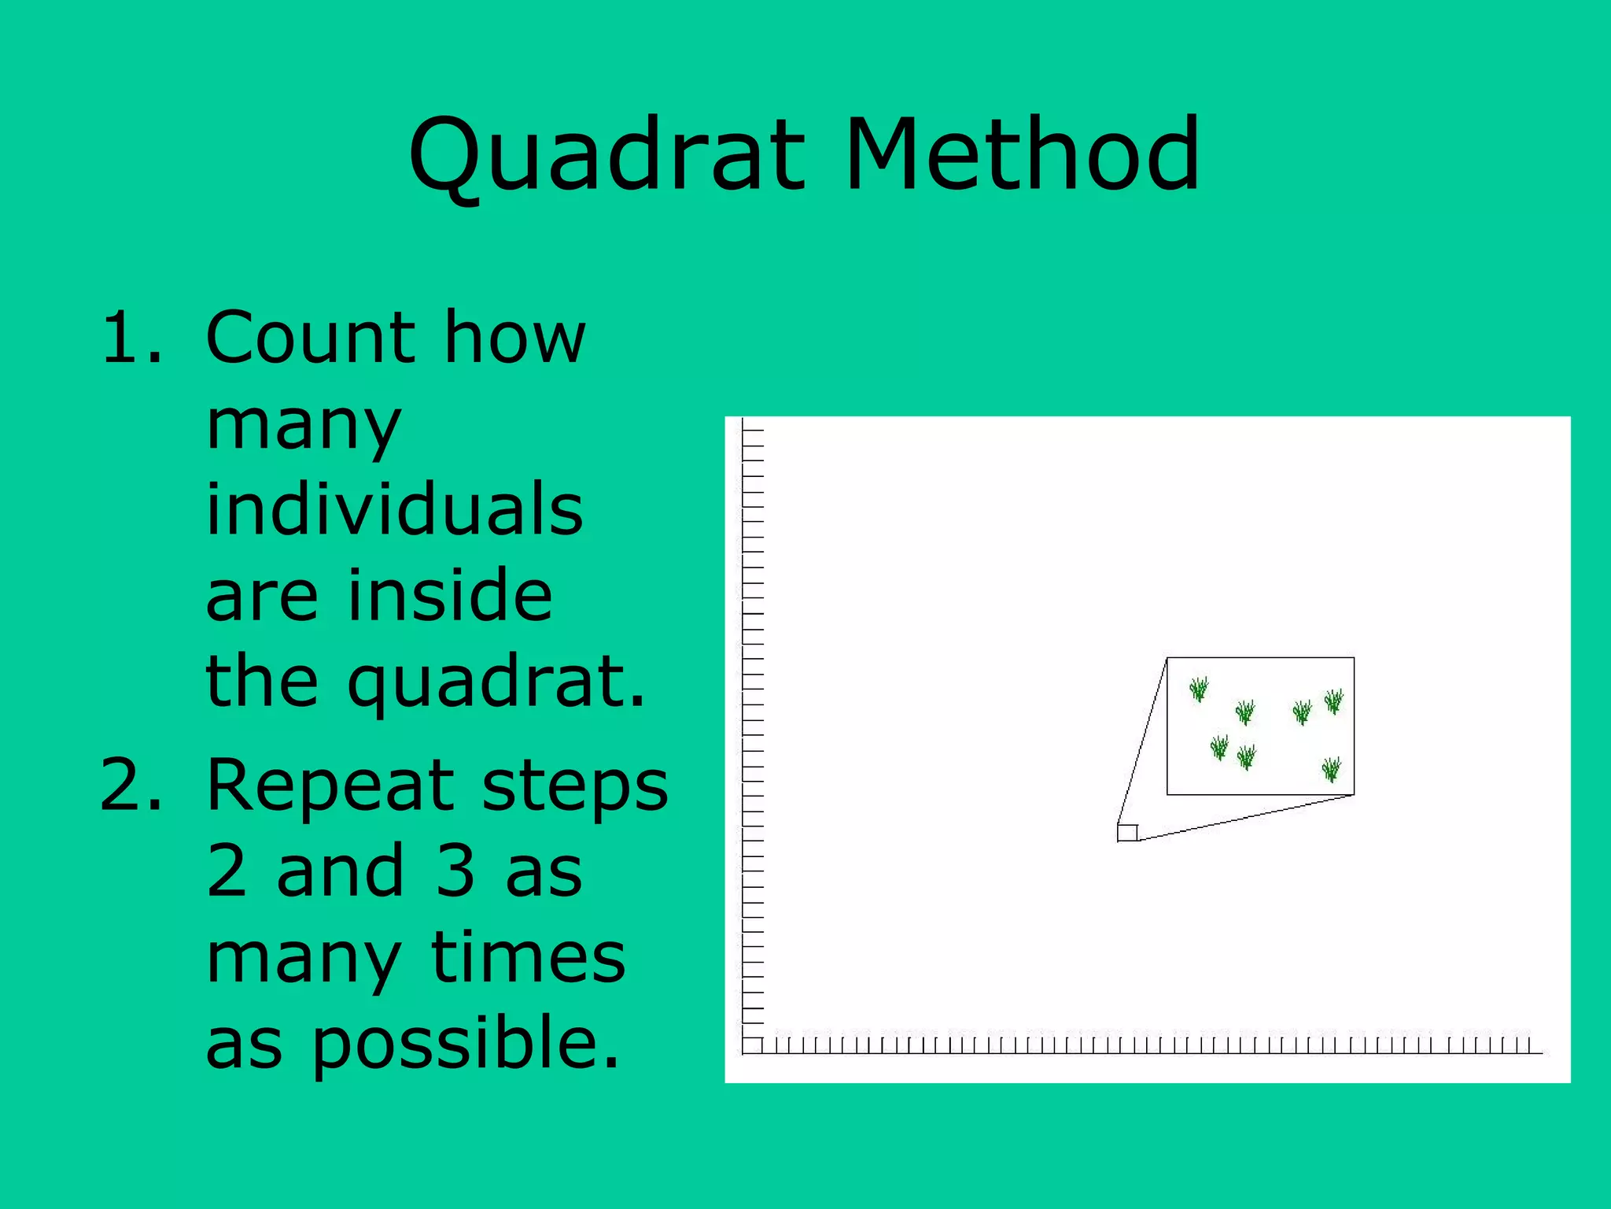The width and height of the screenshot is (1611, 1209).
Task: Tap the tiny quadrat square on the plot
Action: pos(1127,833)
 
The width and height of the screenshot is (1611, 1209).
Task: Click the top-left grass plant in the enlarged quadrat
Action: pos(1199,689)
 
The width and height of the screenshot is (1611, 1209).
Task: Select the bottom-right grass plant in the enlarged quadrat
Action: pos(1331,769)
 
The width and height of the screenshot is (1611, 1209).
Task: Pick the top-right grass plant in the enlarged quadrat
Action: pos(1334,701)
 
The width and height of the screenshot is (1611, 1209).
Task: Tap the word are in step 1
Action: pos(261,596)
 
